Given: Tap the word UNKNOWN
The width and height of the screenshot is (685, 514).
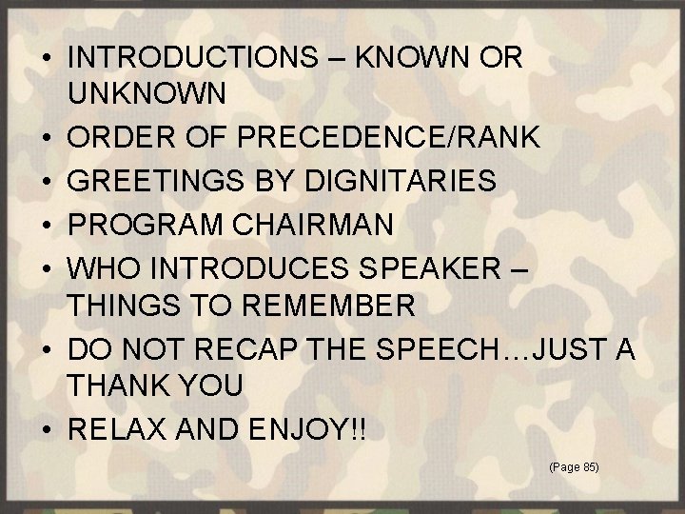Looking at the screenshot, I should pos(147,93).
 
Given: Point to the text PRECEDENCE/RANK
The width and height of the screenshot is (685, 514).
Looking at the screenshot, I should pos(389,137).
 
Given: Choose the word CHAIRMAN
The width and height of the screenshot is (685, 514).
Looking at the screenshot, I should pos(323,225).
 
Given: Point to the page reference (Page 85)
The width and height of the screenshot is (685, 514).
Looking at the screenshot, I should pos(574,467).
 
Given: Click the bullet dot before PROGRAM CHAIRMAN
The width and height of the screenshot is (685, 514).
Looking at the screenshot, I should pos(48,226).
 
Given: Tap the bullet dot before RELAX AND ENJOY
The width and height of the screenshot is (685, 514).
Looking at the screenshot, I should pos(48,431).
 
